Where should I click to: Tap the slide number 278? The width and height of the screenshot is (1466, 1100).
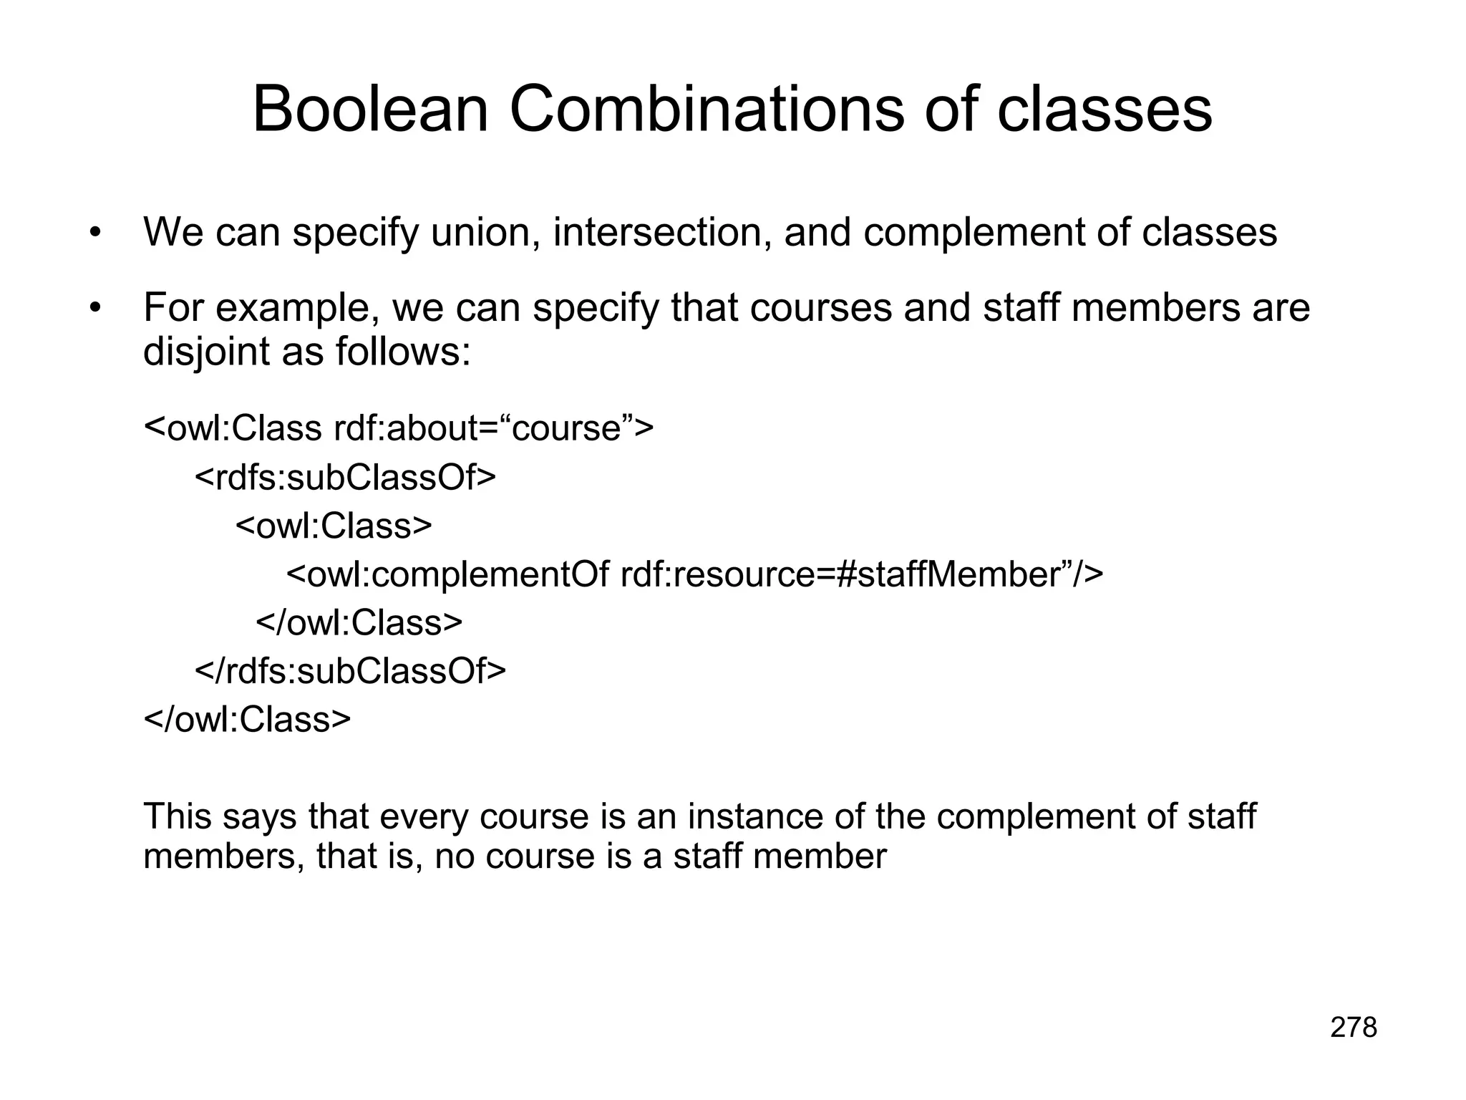click(x=1353, y=1028)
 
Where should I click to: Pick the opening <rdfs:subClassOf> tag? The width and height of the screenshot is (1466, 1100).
click(x=345, y=477)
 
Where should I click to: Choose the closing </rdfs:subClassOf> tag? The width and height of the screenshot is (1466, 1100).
click(x=350, y=670)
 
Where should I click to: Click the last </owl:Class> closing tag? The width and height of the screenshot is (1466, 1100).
click(x=247, y=719)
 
